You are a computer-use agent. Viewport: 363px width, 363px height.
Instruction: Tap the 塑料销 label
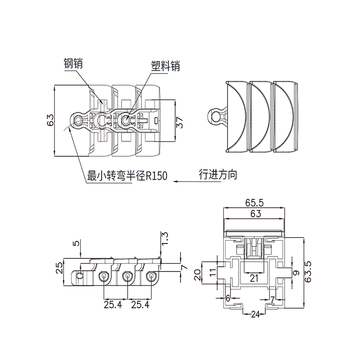165,66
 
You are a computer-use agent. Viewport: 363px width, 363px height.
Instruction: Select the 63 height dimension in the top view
50,121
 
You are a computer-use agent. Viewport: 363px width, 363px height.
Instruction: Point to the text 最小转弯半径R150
127,177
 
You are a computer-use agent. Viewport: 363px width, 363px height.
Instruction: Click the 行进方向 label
217,174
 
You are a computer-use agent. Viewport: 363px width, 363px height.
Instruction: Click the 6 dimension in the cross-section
228,299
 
